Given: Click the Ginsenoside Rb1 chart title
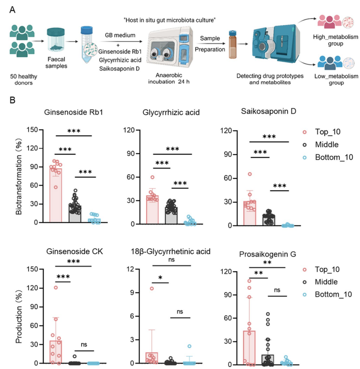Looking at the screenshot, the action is [74, 112].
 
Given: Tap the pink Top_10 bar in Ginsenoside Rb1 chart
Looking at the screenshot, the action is [56, 195].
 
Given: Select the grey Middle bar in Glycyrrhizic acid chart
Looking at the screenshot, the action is [171, 215].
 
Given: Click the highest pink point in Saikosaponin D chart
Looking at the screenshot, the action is [250, 174].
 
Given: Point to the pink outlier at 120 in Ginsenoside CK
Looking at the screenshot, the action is [56, 288].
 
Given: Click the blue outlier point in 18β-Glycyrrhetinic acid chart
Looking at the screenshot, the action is [189, 346].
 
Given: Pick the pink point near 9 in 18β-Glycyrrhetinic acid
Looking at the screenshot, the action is [152, 288].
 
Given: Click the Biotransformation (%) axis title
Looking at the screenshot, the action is [19, 176].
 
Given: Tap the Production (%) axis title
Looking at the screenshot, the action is [19, 316].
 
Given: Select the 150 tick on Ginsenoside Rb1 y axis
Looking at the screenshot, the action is [32, 130].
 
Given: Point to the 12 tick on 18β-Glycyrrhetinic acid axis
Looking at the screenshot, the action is [130, 269].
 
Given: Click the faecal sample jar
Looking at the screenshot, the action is [56, 40].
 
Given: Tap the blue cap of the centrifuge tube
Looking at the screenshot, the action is [86, 30].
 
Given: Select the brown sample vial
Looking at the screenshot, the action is [233, 44].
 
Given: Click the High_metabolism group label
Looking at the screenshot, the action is [335, 40].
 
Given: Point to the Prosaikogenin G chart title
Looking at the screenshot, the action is [268, 254].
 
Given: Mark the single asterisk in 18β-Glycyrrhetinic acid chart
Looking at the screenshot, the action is [160, 277].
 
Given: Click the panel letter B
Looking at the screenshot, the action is [12, 100].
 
